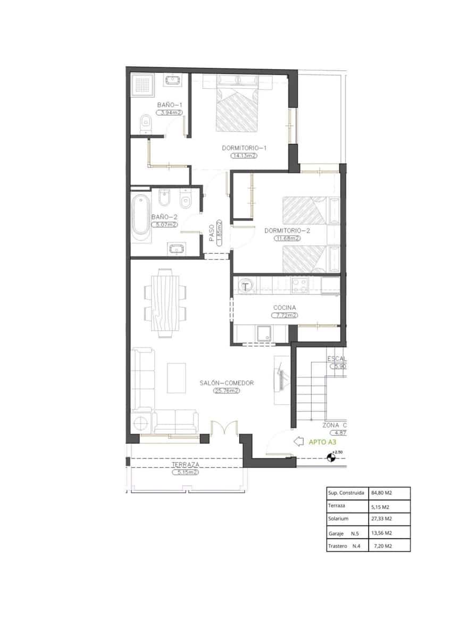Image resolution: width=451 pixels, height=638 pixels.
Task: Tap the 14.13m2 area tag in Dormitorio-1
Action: [244, 156]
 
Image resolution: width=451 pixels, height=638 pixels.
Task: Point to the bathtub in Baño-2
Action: [141, 215]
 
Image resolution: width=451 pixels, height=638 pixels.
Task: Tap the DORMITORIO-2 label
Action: [287, 231]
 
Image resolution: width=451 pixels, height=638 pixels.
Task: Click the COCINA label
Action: [285, 307]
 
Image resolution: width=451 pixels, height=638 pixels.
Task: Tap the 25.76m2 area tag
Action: [227, 390]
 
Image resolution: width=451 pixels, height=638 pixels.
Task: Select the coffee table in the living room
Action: [177, 377]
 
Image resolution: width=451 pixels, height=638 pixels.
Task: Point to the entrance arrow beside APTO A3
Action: [299, 441]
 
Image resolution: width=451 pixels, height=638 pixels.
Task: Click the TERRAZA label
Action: [185, 464]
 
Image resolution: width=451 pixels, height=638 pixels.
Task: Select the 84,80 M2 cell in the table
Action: [382, 493]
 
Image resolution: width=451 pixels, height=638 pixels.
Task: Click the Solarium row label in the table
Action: [338, 518]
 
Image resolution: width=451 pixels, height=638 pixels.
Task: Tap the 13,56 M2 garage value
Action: [382, 532]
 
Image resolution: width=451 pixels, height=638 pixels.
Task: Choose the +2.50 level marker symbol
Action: [332, 456]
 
